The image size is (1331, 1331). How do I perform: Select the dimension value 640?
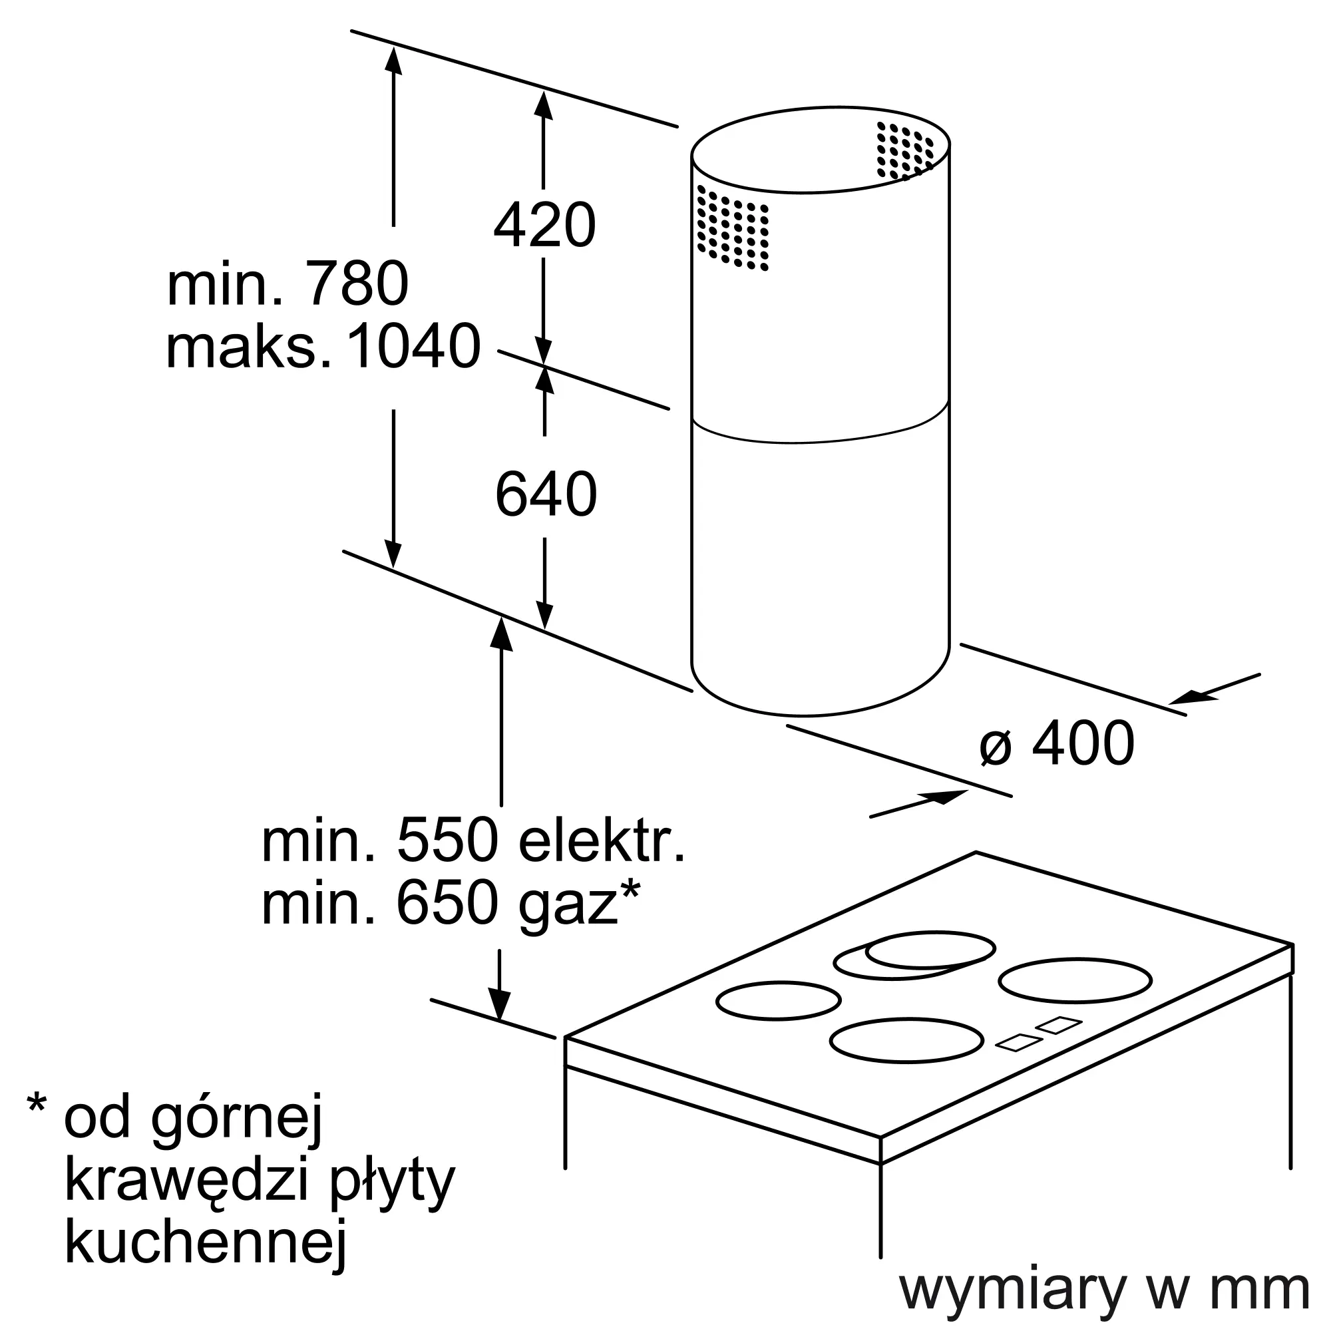546,494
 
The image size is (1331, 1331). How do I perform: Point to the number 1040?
413,347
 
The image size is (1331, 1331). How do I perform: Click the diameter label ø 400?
1057,743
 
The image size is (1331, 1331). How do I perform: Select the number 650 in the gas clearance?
448,904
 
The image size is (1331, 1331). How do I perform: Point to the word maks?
248,347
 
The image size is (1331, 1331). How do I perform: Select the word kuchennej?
204,1252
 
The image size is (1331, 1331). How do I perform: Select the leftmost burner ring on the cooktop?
779,1000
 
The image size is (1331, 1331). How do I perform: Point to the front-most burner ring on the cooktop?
906,1040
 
